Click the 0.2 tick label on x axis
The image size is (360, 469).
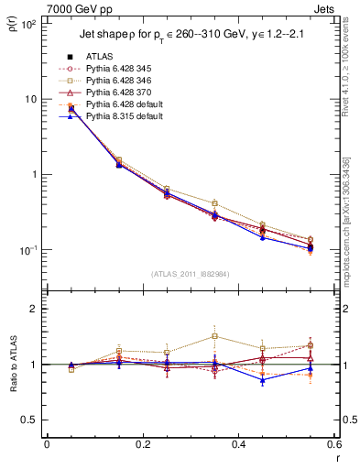coord(142,444)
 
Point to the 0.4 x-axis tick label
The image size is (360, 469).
coord(238,444)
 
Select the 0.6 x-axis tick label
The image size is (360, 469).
coord(333,444)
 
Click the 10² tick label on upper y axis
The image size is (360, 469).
coord(29,24)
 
